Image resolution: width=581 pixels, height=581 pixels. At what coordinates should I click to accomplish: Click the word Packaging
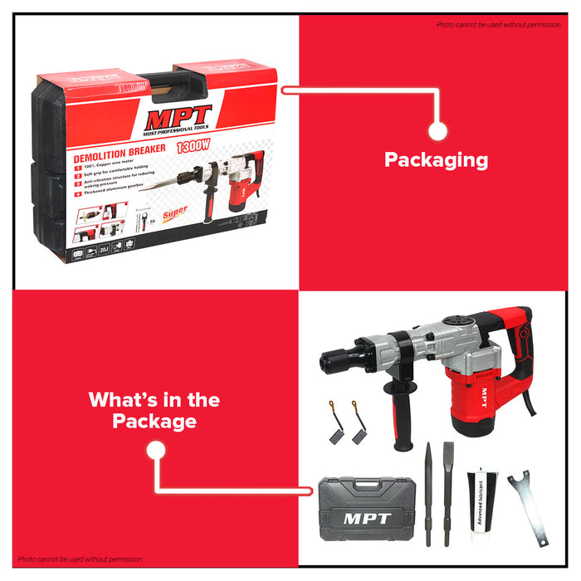[x=436, y=160]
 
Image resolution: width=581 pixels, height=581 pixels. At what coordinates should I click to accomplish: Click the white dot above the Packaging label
[x=437, y=130]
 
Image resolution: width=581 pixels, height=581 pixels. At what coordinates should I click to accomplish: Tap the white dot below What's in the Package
[x=154, y=451]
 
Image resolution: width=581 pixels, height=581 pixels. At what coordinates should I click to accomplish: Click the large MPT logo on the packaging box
[x=179, y=116]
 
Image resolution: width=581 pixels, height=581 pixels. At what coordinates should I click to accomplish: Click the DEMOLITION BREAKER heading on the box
[x=120, y=152]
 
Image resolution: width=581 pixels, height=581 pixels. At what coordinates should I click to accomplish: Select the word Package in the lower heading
[x=154, y=422]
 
